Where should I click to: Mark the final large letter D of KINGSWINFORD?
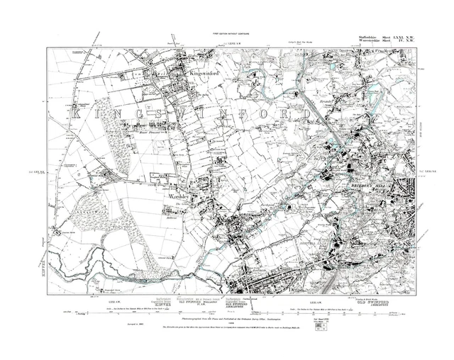point(308,113)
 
